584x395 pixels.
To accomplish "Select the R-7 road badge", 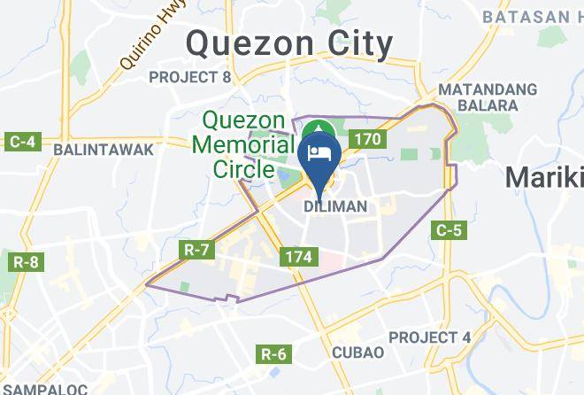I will pos(196,251).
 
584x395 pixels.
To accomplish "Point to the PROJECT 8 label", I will pos(189,78).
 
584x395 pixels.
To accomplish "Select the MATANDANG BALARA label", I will pos(488,97).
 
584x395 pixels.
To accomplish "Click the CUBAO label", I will pos(357,352).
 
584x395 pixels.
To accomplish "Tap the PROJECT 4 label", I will pos(429,337).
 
